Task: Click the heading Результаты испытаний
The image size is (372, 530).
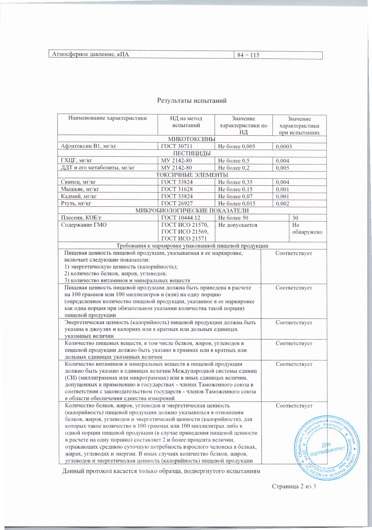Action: (x=192, y=101)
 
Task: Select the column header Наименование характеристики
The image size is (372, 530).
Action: (x=108, y=118)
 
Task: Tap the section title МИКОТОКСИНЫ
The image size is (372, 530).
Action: (x=192, y=139)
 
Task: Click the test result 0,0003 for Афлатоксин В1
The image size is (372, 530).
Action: (x=284, y=146)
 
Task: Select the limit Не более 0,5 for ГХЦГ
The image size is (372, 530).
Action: (x=234, y=161)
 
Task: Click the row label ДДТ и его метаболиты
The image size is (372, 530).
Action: (x=98, y=168)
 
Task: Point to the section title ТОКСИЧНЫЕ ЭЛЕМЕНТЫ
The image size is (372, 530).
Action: (x=192, y=175)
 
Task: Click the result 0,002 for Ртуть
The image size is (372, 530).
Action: (x=282, y=204)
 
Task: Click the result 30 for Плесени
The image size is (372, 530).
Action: (x=295, y=218)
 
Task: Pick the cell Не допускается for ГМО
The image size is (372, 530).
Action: (x=238, y=225)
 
